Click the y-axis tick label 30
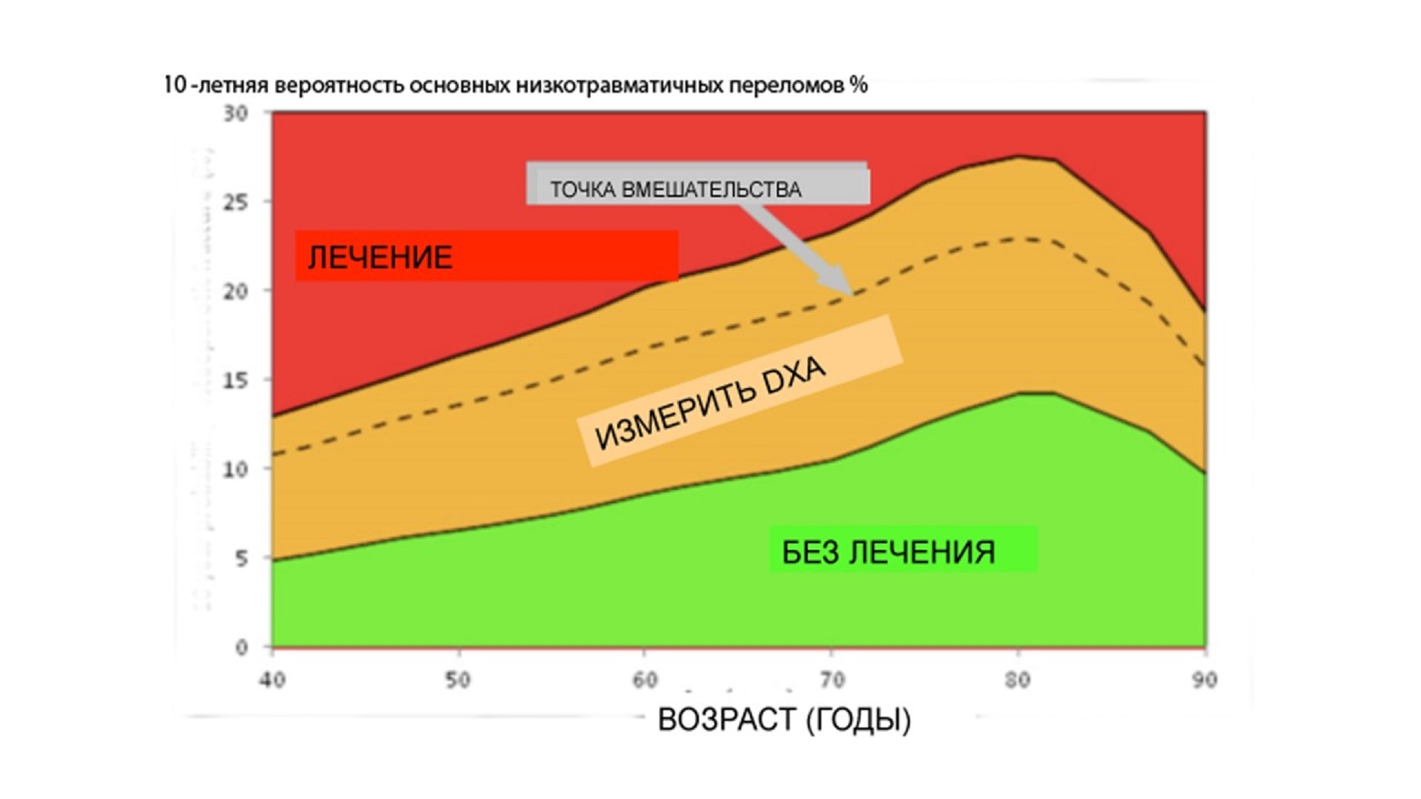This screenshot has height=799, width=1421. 235,113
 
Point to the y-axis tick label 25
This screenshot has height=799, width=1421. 235,202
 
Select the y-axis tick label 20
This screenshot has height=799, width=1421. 235,291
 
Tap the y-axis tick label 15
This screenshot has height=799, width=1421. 235,380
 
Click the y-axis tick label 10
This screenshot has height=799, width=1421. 235,469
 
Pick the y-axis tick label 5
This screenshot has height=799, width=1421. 241,559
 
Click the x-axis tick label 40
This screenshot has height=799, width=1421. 272,680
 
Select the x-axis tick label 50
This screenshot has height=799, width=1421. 458,680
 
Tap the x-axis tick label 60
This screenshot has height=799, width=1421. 645,680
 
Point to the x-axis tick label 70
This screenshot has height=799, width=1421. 831,680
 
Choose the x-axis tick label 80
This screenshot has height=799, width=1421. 1018,680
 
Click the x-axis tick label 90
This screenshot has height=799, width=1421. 1204,680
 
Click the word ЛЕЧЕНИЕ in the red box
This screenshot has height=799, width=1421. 380,257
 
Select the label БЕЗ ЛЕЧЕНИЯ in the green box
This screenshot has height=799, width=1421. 888,552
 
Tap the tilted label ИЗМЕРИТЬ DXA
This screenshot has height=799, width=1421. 710,403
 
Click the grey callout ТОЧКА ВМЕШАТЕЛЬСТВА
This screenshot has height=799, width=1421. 675,189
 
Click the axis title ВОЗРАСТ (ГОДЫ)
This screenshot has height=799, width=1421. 785,719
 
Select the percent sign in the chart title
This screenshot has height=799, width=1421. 859,85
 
